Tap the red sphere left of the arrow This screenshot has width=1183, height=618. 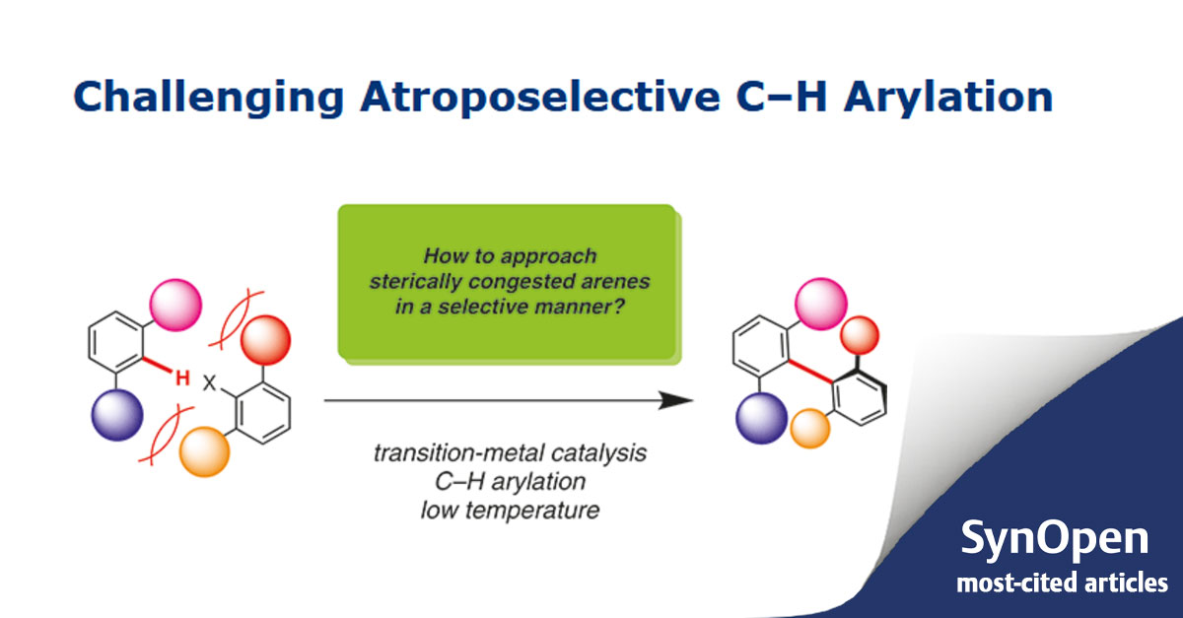[264, 342]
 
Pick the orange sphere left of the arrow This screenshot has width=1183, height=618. [203, 452]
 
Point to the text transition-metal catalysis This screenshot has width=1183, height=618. [510, 453]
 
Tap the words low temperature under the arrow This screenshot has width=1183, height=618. [510, 510]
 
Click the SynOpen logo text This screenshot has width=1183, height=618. [1054, 540]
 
